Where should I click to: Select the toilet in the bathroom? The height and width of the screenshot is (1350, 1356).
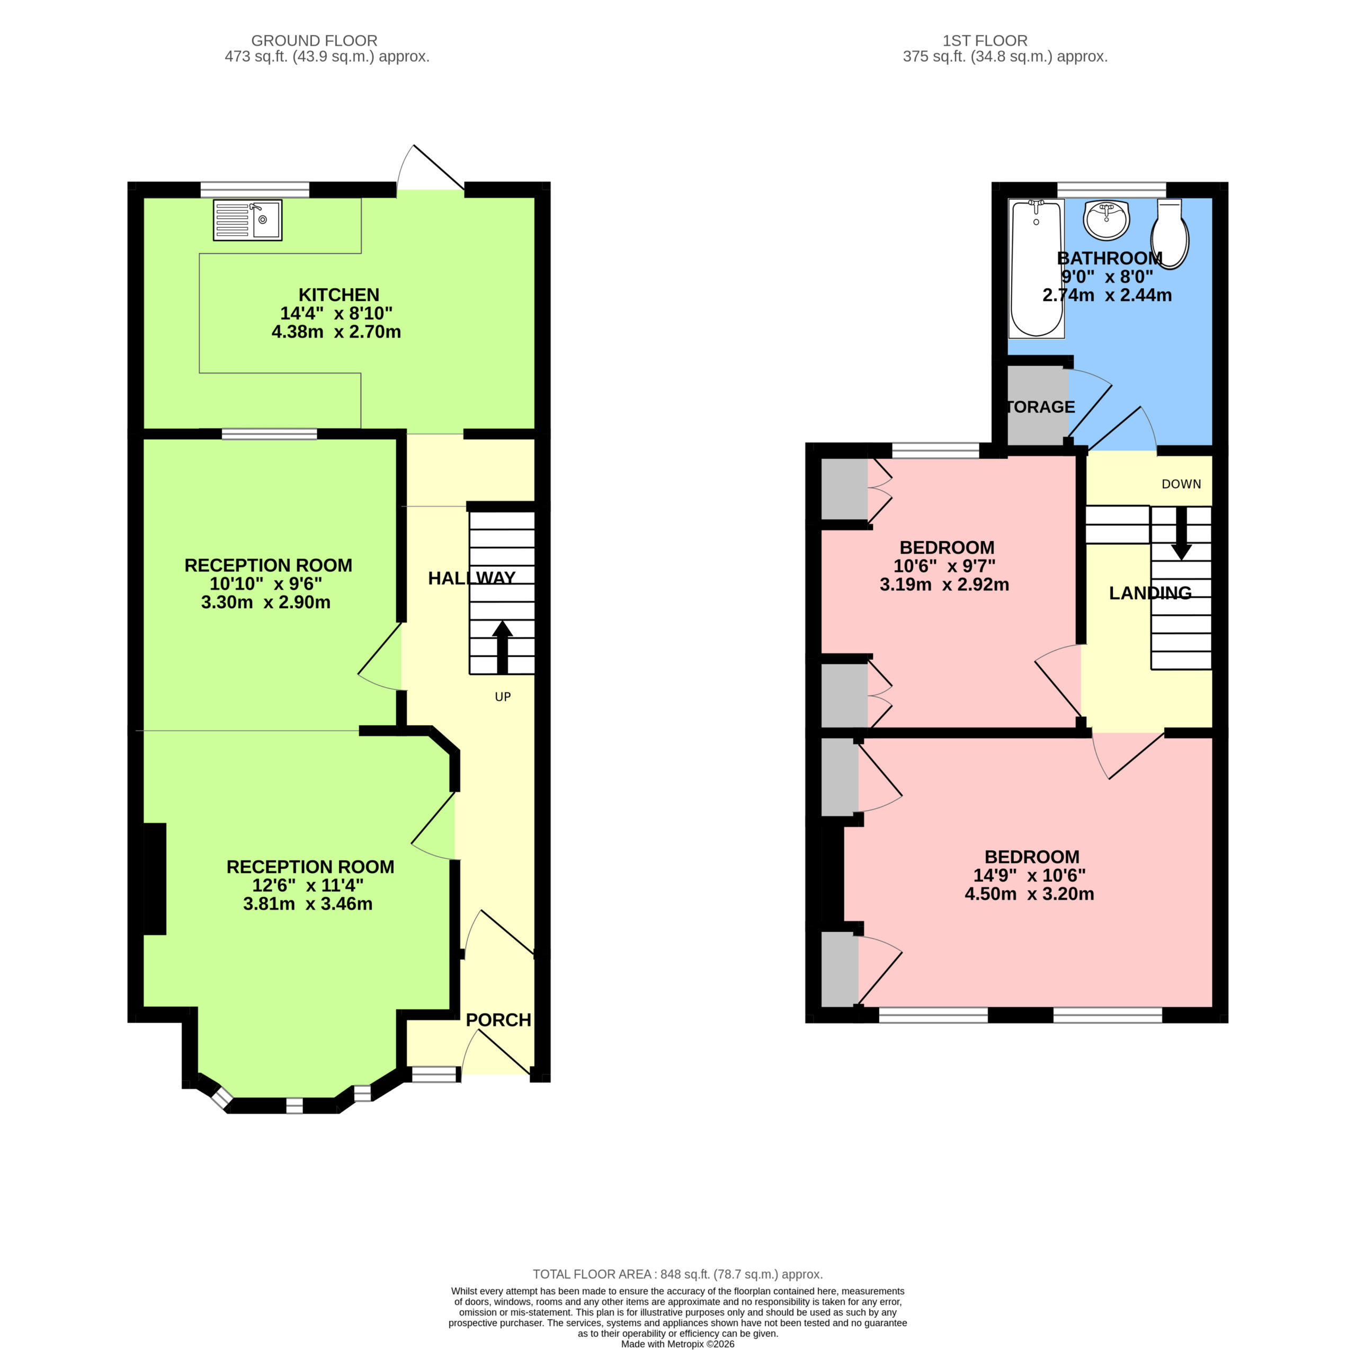1170,234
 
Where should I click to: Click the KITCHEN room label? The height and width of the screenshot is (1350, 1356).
339,295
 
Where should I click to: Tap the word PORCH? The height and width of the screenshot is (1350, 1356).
498,1020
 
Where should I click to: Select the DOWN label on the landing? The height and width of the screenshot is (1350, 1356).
1181,484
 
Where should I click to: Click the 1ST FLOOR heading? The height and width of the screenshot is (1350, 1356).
985,41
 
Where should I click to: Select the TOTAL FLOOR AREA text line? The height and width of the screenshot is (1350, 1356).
677,1274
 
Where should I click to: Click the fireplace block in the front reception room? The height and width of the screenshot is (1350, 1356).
155,879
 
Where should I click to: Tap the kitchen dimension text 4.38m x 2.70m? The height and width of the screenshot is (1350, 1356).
336,332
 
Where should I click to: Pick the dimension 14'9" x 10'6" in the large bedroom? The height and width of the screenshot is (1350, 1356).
1029,875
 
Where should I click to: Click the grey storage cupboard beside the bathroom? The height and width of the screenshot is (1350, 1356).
1037,406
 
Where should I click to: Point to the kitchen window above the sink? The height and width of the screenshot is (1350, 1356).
255,190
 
